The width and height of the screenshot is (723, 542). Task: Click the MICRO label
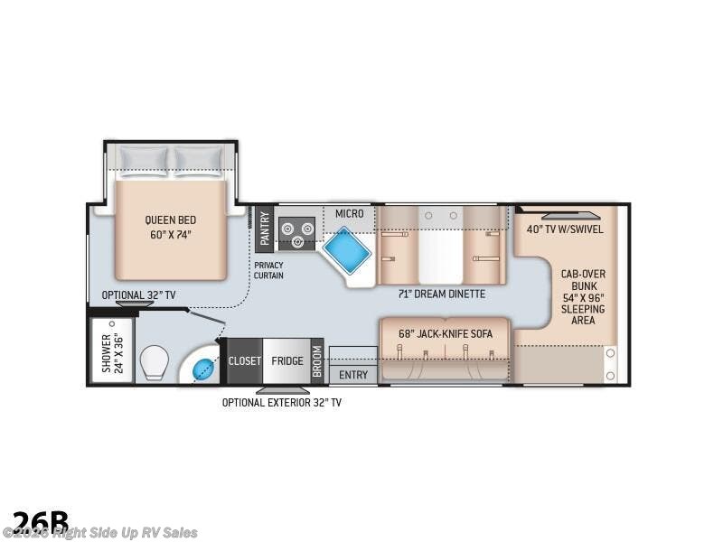(x=349, y=213)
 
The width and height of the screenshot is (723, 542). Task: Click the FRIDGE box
(x=287, y=360)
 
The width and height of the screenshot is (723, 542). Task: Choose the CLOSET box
(x=244, y=360)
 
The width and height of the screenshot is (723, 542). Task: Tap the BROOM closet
(x=317, y=360)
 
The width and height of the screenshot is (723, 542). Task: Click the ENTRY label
(x=353, y=374)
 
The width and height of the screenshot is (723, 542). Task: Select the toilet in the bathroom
(x=158, y=361)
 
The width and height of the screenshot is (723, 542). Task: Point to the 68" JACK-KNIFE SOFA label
(x=446, y=333)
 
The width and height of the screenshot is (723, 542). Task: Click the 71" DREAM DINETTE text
(x=442, y=294)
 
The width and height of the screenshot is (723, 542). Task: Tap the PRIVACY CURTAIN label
(x=268, y=270)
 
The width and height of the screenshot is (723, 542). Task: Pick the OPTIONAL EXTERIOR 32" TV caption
(x=282, y=402)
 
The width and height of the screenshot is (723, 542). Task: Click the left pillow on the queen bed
(x=143, y=159)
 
